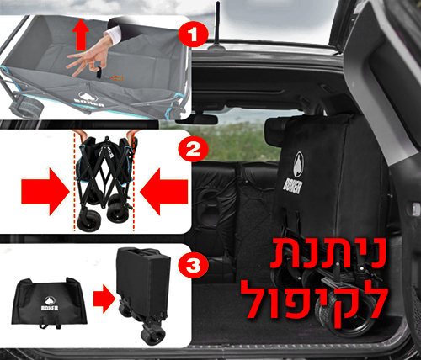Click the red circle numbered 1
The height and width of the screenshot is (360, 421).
(x=193, y=35)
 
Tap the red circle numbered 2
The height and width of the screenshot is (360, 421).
(x=193, y=149)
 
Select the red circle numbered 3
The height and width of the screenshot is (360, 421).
(x=193, y=265)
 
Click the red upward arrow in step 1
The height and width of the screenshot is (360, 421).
(x=81, y=34)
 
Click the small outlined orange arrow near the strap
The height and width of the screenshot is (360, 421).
(x=117, y=77)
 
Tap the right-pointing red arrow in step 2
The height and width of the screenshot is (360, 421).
(x=45, y=192)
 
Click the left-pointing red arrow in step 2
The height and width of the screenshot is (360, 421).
(x=164, y=192)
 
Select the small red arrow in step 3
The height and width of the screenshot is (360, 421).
(x=104, y=299)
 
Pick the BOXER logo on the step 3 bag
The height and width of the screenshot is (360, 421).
(x=50, y=304)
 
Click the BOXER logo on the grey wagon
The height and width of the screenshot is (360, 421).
(x=88, y=99)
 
